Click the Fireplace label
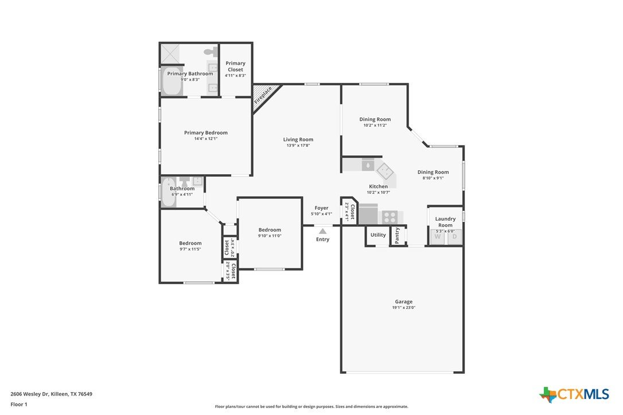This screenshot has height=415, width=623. [263, 95]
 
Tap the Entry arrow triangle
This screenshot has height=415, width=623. [322, 231]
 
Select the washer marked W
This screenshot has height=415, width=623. [438, 237]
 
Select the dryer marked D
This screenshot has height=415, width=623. [454, 237]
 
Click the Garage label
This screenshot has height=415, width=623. [404, 302]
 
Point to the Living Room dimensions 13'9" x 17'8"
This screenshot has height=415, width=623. [298, 146]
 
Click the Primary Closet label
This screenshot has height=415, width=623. [235, 66]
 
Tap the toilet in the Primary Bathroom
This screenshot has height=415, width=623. [211, 51]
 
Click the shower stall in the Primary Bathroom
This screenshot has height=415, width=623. [170, 54]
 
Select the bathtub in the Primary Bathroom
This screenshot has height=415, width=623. [172, 81]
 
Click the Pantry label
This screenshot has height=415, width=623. [398, 236]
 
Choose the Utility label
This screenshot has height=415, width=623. [378, 234]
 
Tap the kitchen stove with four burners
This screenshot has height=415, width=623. [390, 217]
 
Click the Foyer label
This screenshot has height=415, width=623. [321, 207]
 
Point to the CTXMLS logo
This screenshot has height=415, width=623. [574, 394]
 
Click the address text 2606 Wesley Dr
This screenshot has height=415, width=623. [29, 394]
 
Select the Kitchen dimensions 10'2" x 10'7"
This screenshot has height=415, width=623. [378, 192]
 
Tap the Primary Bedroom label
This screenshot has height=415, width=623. [206, 132]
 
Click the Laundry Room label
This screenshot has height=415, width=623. [445, 222]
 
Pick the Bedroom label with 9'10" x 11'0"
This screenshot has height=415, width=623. [270, 229]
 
